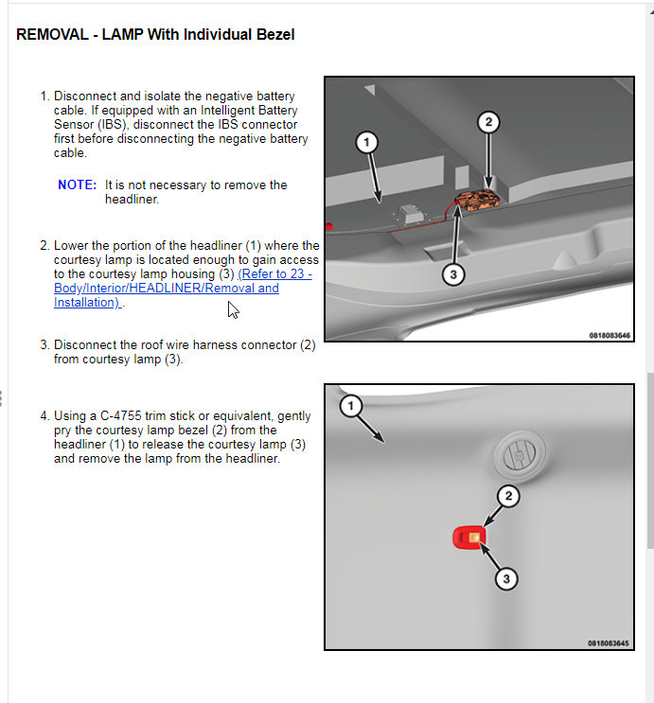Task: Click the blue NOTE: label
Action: tap(77, 185)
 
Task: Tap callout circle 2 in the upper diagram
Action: tap(487, 122)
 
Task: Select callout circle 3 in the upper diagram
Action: tap(453, 273)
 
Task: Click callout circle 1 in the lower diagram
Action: tap(350, 406)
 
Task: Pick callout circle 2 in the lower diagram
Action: tap(508, 496)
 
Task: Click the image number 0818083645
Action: tap(608, 643)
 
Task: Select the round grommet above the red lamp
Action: tap(519, 455)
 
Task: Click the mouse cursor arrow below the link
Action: tap(233, 309)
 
